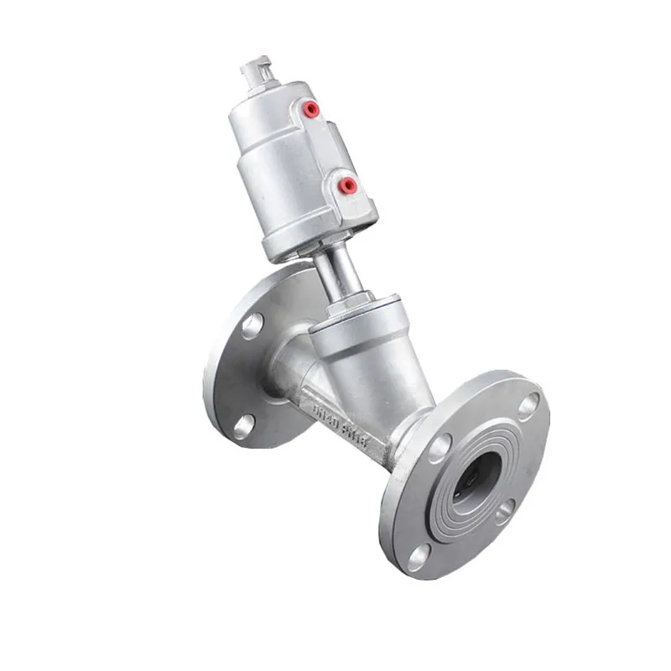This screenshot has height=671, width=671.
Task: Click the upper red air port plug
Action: click(311, 108)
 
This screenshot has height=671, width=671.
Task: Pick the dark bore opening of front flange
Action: click(475, 478)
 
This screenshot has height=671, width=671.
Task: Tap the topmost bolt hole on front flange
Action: click(528, 406)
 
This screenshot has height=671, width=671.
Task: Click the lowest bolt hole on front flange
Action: click(417, 553)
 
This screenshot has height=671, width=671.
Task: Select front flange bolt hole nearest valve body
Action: click(438, 449)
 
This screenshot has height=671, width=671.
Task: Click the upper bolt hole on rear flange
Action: click(252, 325)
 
